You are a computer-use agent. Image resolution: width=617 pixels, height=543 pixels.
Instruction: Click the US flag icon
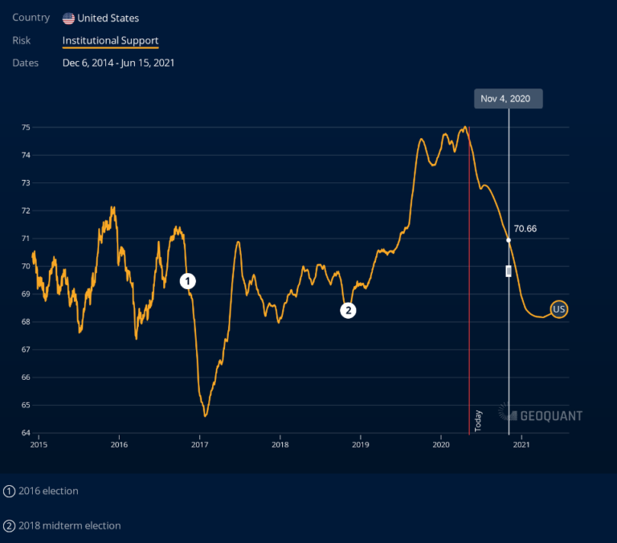(68, 18)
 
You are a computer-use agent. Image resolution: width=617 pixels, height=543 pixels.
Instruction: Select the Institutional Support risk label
(110, 40)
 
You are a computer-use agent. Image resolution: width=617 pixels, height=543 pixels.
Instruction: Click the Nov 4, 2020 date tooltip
(505, 99)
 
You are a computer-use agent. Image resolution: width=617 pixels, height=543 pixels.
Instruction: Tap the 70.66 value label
(525, 229)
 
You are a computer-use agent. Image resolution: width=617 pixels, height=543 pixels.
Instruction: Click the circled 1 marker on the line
(187, 280)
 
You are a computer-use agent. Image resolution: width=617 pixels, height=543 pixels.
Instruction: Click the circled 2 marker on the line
(348, 310)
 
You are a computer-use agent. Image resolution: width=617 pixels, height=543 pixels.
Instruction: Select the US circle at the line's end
(559, 309)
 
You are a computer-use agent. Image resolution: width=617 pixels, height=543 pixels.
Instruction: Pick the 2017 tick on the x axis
(200, 443)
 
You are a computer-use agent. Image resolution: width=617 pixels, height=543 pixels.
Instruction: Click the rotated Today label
(478, 421)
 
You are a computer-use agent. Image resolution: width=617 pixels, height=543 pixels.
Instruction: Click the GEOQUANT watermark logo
(541, 414)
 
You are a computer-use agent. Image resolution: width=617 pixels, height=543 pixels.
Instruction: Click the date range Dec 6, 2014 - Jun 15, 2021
(119, 62)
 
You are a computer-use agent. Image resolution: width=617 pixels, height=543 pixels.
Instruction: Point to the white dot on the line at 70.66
(509, 240)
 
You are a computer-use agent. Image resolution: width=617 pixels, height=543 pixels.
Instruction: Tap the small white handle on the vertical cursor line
(509, 271)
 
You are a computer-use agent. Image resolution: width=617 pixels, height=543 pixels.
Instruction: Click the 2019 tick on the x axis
(361, 443)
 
